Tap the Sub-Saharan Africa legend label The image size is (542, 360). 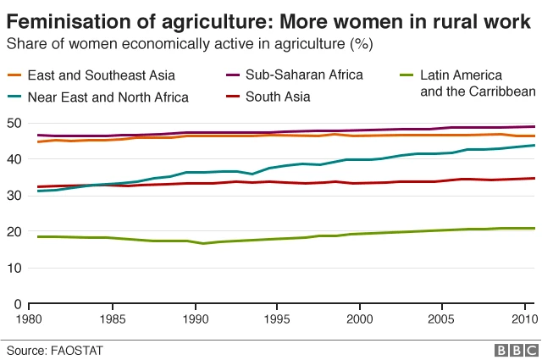(x=302, y=76)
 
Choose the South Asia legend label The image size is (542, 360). (x=278, y=97)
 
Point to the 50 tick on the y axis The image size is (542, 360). (x=14, y=124)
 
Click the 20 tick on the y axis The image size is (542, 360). (x=14, y=232)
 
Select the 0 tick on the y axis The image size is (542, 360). (x=17, y=304)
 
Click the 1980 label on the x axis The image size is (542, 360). (x=31, y=319)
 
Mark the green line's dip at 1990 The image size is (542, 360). (x=203, y=243)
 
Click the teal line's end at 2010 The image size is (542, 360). (x=533, y=145)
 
